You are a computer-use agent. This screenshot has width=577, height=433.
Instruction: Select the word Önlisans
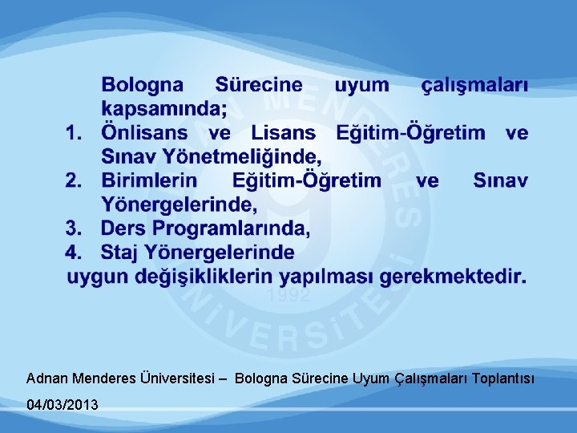pyautogui.click(x=144, y=133)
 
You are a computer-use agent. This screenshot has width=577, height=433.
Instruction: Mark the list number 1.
pyautogui.click(x=75, y=133)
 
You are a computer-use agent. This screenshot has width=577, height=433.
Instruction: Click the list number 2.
pyautogui.click(x=75, y=181)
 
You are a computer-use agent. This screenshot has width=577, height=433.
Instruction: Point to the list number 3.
pyautogui.click(x=75, y=229)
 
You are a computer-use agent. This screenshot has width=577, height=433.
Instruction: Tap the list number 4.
pyautogui.click(x=75, y=253)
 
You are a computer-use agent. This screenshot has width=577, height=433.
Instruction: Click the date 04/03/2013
pyautogui.click(x=63, y=405)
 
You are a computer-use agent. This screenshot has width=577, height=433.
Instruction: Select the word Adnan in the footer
pyautogui.click(x=47, y=377)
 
